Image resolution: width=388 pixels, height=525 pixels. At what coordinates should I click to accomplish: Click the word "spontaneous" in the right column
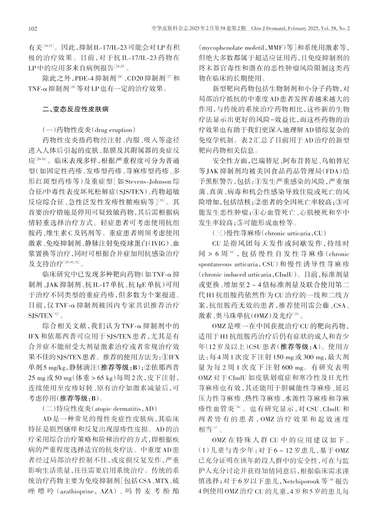(x=215, y=264)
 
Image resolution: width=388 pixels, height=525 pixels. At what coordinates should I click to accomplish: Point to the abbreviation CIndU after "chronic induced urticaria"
(x=285, y=275)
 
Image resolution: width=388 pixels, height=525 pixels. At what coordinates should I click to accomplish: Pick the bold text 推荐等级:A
(x=300, y=347)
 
